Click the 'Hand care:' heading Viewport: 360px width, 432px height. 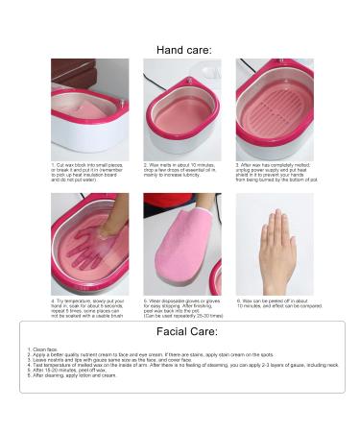pos(182,49)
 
